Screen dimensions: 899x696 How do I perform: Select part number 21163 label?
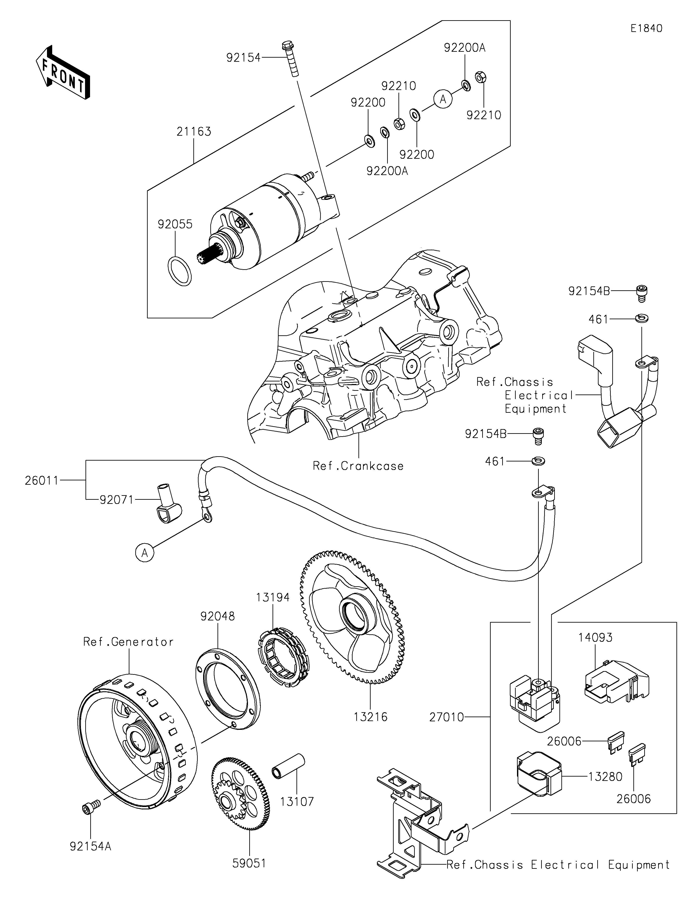pyautogui.click(x=194, y=132)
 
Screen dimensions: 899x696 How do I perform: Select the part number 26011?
pyautogui.click(x=42, y=480)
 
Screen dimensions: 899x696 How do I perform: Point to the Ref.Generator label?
pyautogui.click(x=128, y=642)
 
